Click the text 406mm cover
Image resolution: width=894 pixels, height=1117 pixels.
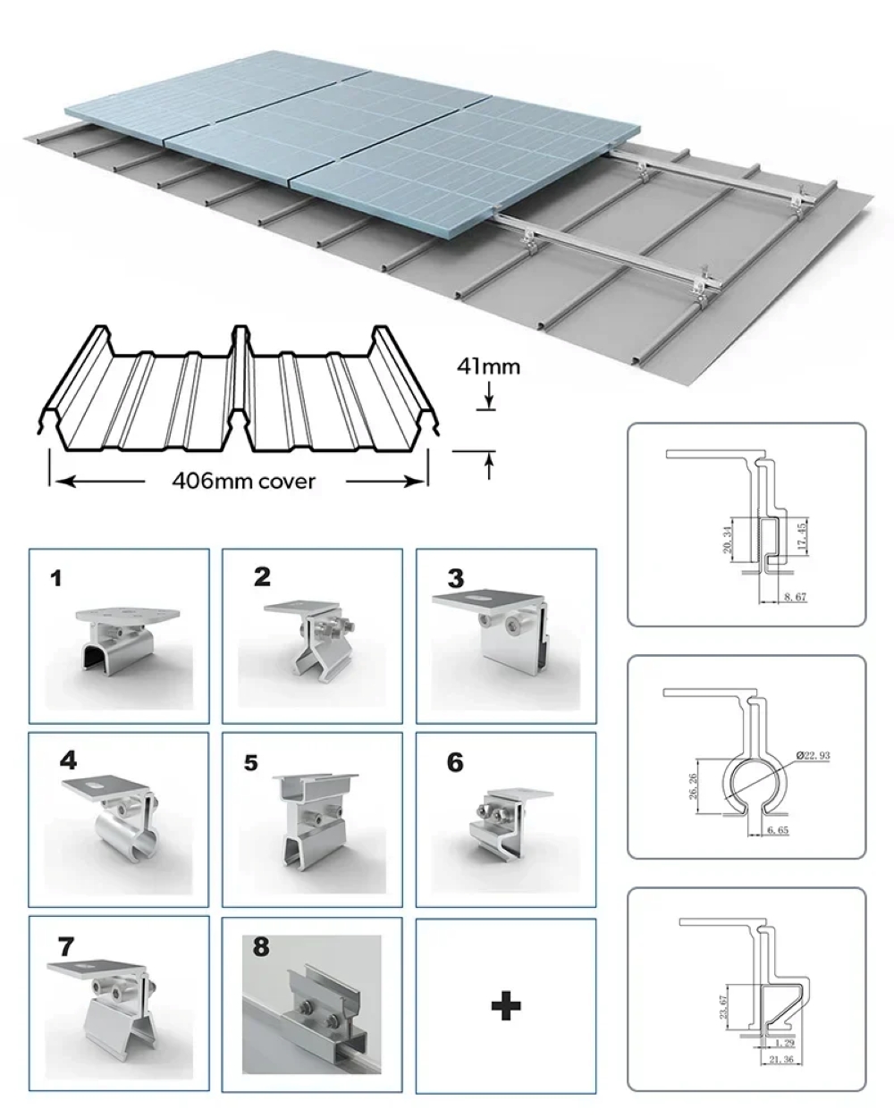point(244,482)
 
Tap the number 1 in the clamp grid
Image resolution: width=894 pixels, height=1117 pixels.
point(56,579)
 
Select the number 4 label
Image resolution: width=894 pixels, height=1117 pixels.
point(69,761)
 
